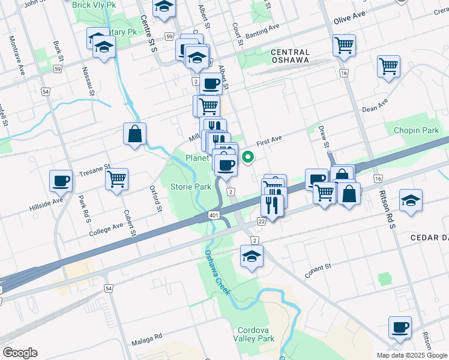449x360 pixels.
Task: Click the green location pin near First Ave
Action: pyautogui.click(x=247, y=158)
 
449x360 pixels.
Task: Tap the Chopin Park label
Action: pyautogui.click(x=416, y=130)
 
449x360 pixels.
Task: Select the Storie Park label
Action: pyautogui.click(x=190, y=187)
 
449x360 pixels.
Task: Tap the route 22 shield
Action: pyautogui.click(x=261, y=221)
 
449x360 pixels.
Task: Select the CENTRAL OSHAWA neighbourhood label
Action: pyautogui.click(x=290, y=56)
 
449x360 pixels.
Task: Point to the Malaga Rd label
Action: pyautogui.click(x=146, y=339)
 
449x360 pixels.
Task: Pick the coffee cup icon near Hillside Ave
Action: pyautogui.click(x=61, y=180)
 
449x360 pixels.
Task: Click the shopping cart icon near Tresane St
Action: pyautogui.click(x=116, y=178)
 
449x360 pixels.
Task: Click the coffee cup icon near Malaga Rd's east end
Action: pyautogui.click(x=400, y=328)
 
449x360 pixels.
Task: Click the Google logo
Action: pyautogui.click(x=20, y=353)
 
